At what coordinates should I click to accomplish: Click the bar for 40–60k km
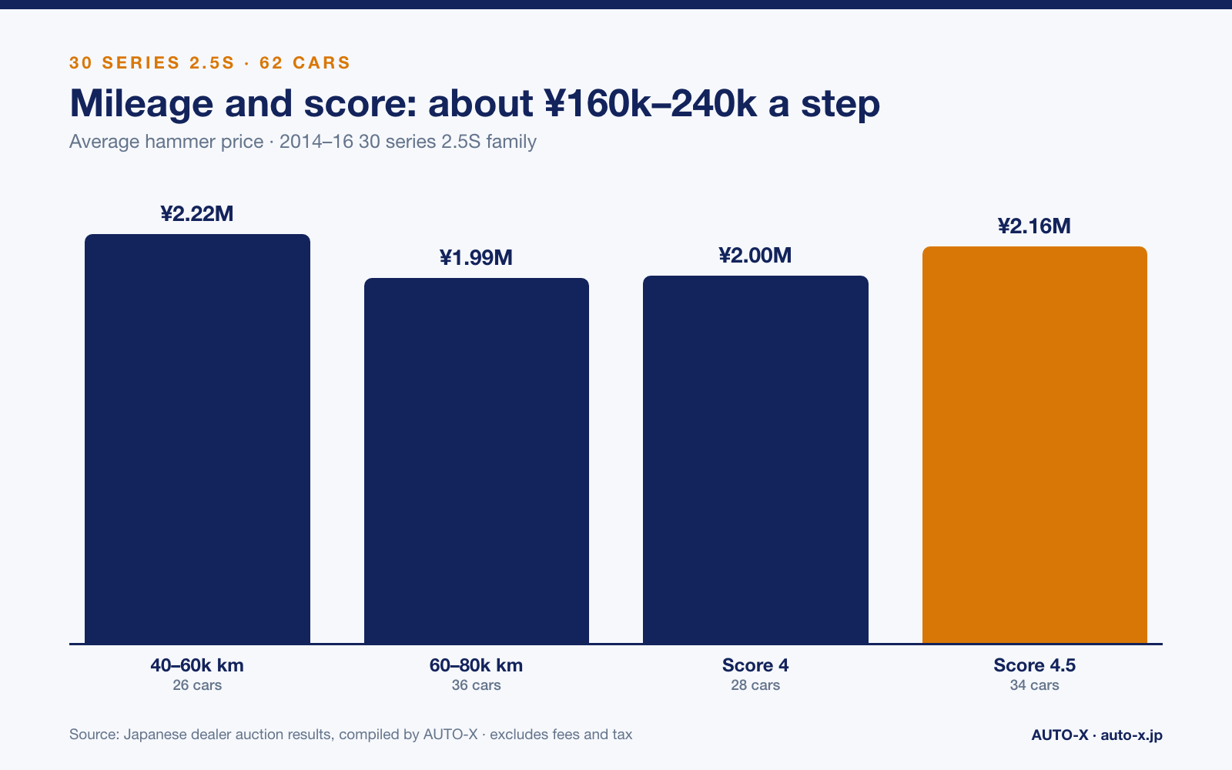click(197, 439)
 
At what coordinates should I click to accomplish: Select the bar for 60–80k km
click(477, 461)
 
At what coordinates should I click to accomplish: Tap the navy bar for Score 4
click(755, 460)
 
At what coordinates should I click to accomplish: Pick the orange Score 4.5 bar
click(1035, 445)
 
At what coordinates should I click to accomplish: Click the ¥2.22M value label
click(197, 214)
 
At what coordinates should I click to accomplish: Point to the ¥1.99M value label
click(477, 257)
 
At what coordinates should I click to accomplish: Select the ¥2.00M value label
click(755, 255)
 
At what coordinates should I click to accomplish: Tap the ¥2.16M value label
click(1035, 226)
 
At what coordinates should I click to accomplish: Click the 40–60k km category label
click(197, 665)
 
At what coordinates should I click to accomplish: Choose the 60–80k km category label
click(477, 665)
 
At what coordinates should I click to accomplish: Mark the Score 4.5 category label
click(1035, 665)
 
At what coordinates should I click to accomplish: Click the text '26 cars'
click(197, 685)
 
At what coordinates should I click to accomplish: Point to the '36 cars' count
click(477, 685)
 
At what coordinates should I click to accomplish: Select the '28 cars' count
click(755, 685)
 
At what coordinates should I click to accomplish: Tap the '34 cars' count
click(1035, 685)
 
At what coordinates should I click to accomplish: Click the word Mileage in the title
click(142, 105)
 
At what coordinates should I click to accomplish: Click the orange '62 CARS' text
click(305, 62)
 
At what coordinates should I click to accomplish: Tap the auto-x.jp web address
click(1132, 735)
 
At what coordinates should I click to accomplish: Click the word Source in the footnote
click(94, 735)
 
